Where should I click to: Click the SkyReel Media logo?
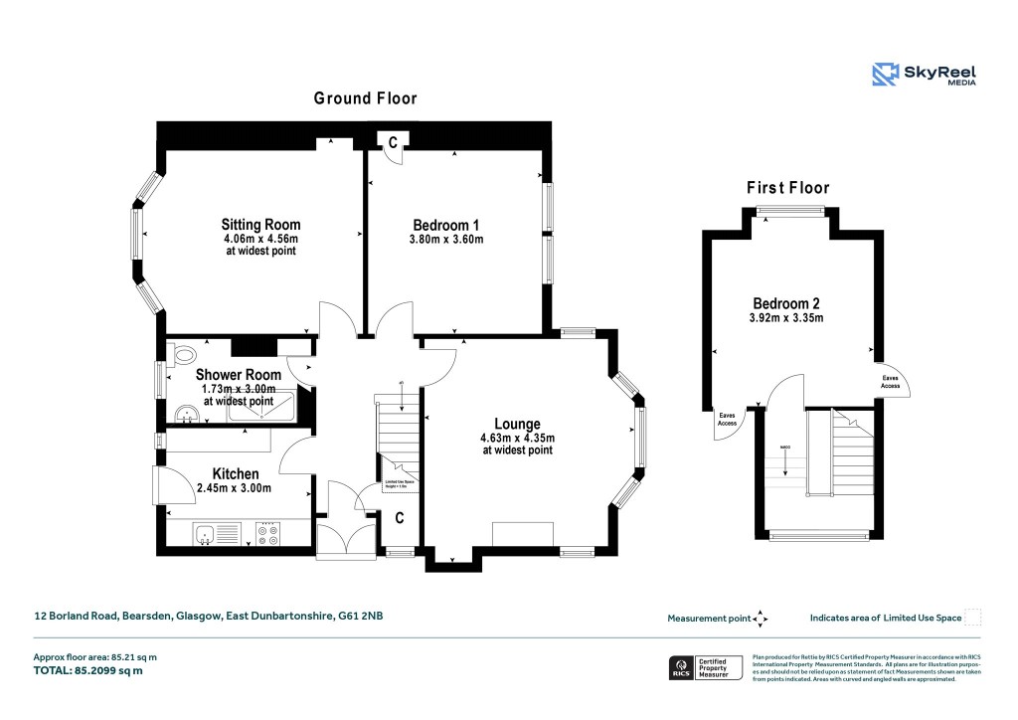[924, 74]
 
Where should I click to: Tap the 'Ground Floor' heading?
[365, 98]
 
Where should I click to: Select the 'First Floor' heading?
[787, 188]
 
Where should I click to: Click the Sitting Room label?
[260, 225]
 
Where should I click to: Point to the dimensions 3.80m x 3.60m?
[445, 239]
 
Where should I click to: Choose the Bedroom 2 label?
[785, 303]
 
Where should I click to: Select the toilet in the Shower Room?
[183, 355]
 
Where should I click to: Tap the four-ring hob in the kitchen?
[267, 535]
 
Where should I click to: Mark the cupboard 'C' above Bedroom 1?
[393, 143]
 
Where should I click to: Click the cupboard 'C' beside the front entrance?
[400, 517]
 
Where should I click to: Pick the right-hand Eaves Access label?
[891, 383]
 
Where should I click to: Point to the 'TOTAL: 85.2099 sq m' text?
[88, 671]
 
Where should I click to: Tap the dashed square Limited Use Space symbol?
[973, 618]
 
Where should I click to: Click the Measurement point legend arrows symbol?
[761, 619]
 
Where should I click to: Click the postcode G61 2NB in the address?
[362, 617]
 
